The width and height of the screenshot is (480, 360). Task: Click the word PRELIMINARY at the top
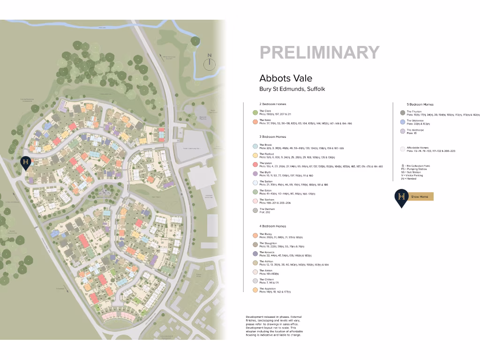coord(319,52)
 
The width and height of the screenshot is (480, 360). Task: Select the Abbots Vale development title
coord(285,78)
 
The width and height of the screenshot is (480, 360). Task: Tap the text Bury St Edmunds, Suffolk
coord(292,89)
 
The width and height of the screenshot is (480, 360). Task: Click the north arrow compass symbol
coord(210,60)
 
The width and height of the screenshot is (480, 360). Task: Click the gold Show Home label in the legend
coord(420,196)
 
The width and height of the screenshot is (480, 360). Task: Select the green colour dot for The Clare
coord(255,112)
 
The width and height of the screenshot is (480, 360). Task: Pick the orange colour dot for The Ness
coord(255,122)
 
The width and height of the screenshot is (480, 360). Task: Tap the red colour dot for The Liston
coord(255,165)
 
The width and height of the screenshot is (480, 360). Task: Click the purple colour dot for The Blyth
coord(255,173)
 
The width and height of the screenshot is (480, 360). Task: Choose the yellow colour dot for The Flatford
coord(255,155)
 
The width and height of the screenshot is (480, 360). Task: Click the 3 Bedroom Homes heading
coord(273,137)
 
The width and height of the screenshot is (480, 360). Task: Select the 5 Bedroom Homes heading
coord(420,105)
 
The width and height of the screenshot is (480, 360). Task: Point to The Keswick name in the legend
coord(266,253)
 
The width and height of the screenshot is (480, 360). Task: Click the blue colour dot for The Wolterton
coord(403,122)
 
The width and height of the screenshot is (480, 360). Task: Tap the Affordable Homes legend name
coord(418,148)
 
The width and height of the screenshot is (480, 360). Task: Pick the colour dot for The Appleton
coord(255,290)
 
